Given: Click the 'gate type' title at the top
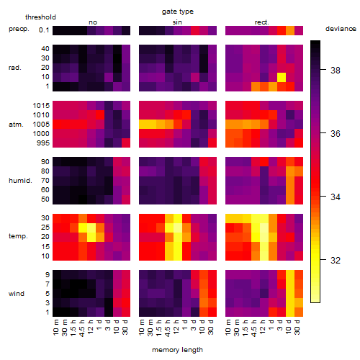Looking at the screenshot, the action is pos(178,12).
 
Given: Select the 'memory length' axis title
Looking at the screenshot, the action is pos(177,350).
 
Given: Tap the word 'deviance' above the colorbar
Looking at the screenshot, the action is pos(341,29).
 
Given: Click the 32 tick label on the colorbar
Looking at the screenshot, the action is pos(336,260).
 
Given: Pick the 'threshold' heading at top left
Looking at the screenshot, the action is pos(40,17).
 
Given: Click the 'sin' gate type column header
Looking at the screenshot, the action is pos(177,22).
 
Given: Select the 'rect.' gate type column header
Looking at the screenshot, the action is pos(261,22).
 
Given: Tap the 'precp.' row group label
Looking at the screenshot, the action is pos(19,29).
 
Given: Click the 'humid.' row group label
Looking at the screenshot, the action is pos(20,181).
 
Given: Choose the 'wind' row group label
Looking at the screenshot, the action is pos(17,294).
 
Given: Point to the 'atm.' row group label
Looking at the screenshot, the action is pos(16,125).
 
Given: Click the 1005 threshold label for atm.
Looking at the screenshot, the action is pos(41,125).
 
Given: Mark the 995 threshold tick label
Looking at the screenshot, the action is pos(43,143).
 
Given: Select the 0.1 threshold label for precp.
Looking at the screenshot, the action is pos(44,30).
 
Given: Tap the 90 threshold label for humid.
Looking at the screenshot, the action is pos(45,162).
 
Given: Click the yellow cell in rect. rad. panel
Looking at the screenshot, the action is pos(282,77).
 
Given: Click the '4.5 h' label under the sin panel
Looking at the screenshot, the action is pos(168,328).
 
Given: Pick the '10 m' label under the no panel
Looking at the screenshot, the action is pos(55,328).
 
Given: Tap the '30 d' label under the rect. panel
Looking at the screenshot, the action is pos(297,327).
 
